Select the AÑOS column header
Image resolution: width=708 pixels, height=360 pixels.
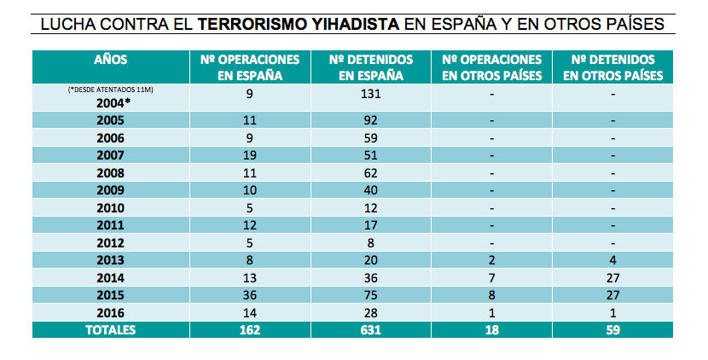click(111, 60)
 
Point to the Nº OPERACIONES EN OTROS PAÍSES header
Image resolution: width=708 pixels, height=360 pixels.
click(492, 67)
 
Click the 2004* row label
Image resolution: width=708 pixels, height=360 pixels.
click(112, 102)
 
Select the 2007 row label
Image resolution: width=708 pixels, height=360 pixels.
click(112, 155)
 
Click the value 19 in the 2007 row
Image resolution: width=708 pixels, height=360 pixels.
click(251, 155)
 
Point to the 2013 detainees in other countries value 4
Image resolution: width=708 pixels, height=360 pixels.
click(613, 260)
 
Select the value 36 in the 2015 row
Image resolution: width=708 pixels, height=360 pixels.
click(251, 295)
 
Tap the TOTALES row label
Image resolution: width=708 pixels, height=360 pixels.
click(111, 330)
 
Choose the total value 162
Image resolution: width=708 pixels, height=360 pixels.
click(251, 330)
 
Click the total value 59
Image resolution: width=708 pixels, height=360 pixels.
click(613, 330)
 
